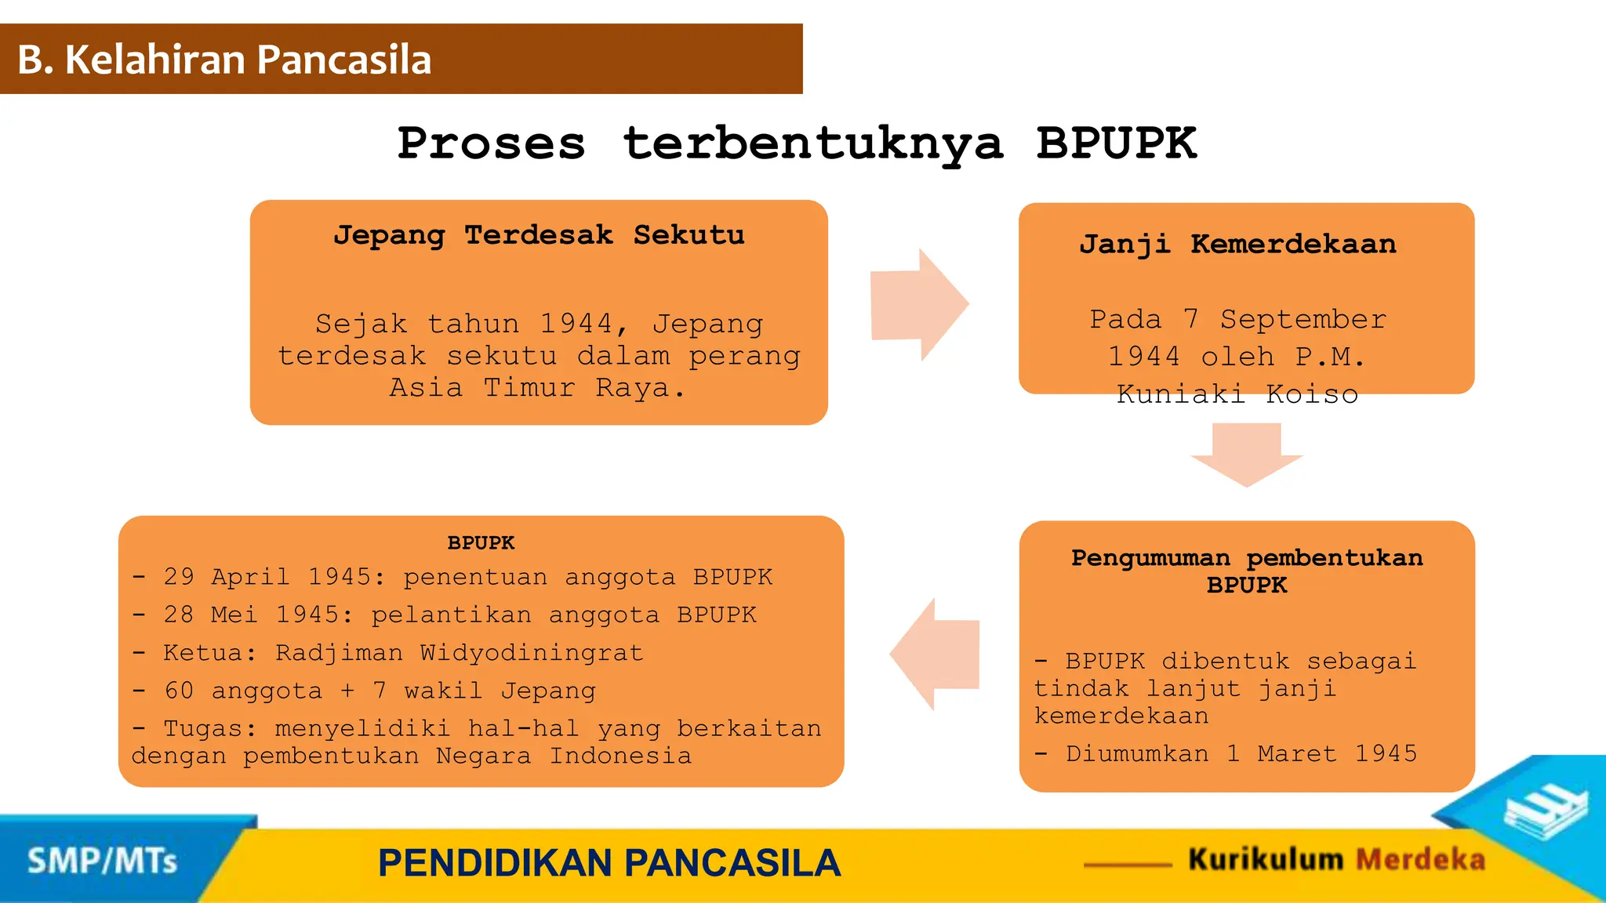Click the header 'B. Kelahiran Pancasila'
224,60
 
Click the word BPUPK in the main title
1116,143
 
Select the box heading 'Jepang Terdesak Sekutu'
539,235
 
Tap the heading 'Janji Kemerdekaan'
1237,245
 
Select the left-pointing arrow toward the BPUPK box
935,654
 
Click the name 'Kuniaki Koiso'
1237,394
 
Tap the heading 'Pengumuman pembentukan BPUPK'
1246,571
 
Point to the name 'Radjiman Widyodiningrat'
459,653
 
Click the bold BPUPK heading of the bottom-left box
481,542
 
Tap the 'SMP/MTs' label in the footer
102,861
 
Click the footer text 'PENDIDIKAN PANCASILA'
609,863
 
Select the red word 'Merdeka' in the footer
1420,860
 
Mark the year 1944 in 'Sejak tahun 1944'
576,323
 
